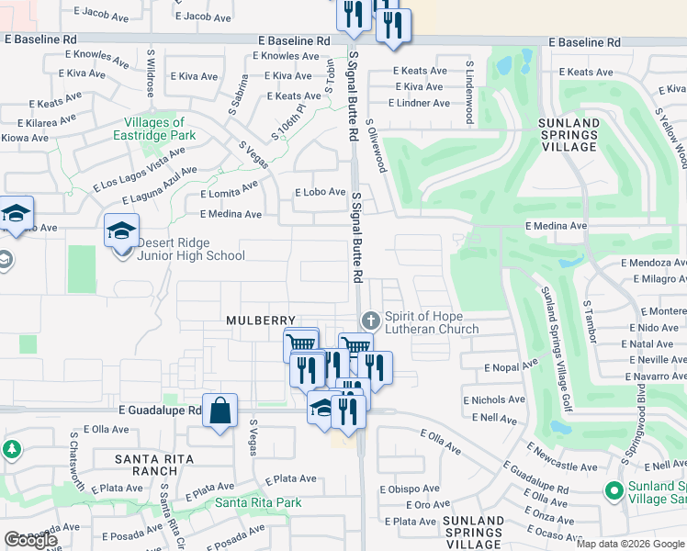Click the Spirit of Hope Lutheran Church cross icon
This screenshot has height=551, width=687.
tap(370, 320)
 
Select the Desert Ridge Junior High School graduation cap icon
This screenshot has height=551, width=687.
tap(121, 231)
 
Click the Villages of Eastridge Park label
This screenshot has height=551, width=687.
tap(161, 129)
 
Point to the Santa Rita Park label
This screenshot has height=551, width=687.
tap(258, 502)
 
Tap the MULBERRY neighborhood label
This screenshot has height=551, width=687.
tap(261, 320)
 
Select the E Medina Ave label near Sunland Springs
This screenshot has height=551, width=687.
tap(556, 225)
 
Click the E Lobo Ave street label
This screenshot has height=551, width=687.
tap(319, 193)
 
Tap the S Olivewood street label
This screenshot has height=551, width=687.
tap(376, 144)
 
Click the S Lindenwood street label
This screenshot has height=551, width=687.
tap(468, 92)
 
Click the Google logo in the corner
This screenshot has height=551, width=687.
tap(30, 540)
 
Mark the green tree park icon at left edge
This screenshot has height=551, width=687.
tap(11, 450)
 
